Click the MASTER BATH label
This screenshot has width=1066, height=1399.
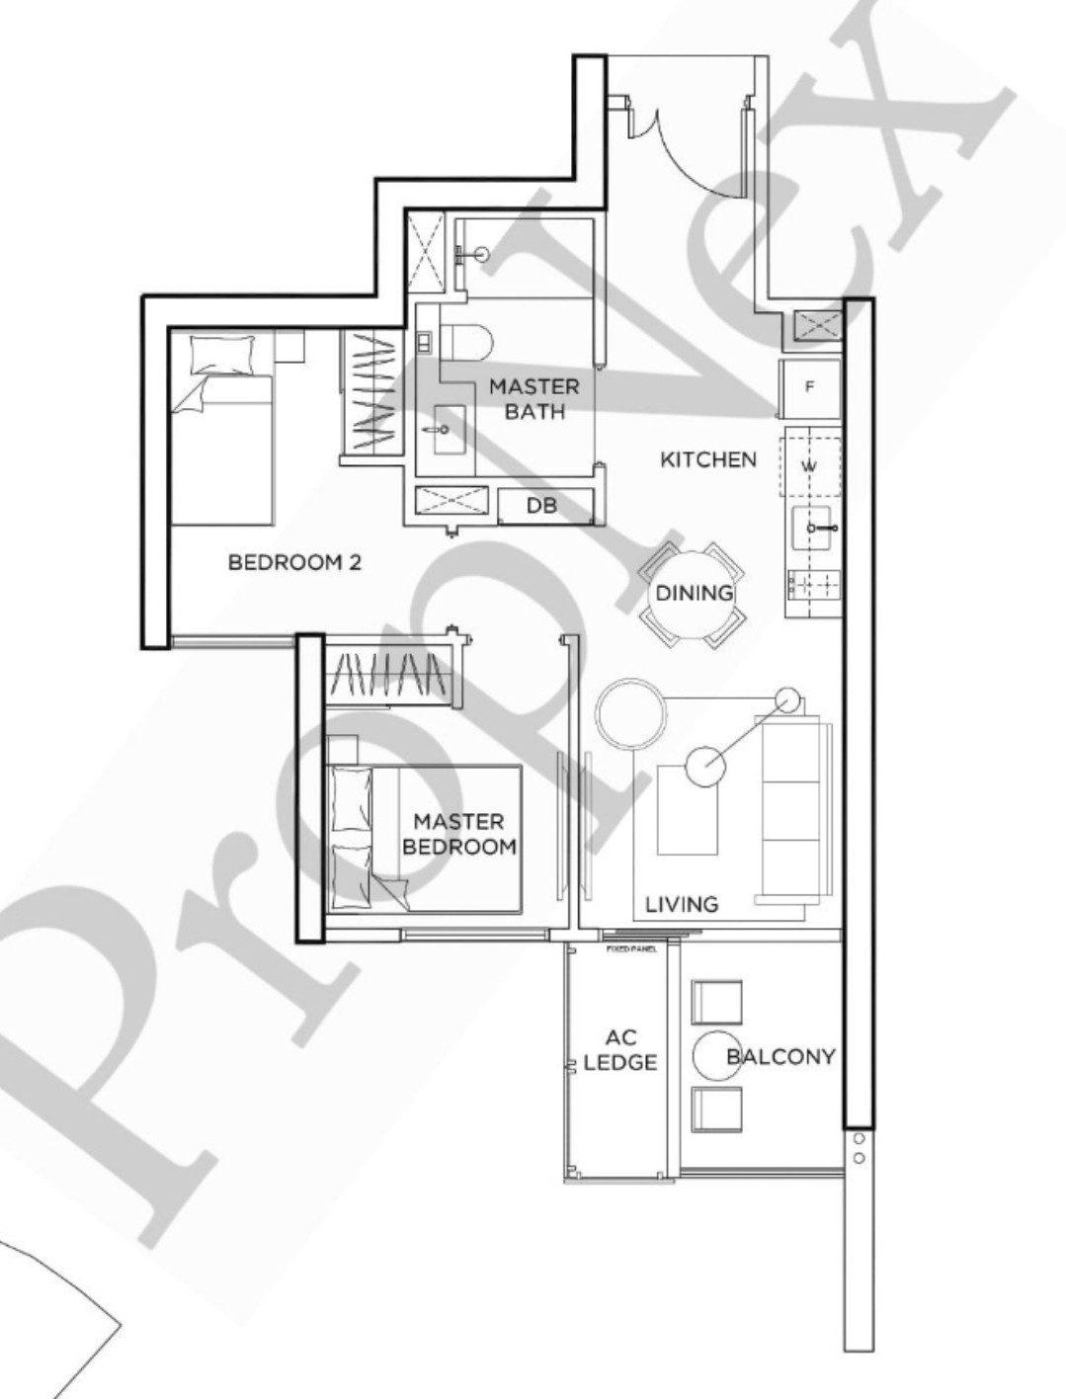[534, 398]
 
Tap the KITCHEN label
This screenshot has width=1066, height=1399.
[708, 459]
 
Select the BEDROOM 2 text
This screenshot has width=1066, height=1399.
[294, 562]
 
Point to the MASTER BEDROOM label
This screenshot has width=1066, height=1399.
[458, 834]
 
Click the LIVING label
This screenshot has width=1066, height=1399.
[682, 904]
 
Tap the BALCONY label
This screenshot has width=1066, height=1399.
[780, 1056]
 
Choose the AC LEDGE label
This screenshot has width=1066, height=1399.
[620, 1050]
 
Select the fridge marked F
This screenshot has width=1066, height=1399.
[810, 388]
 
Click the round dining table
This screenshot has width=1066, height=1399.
[694, 593]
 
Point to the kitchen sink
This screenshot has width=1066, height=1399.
[814, 529]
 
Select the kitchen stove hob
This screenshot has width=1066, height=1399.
[813, 586]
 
